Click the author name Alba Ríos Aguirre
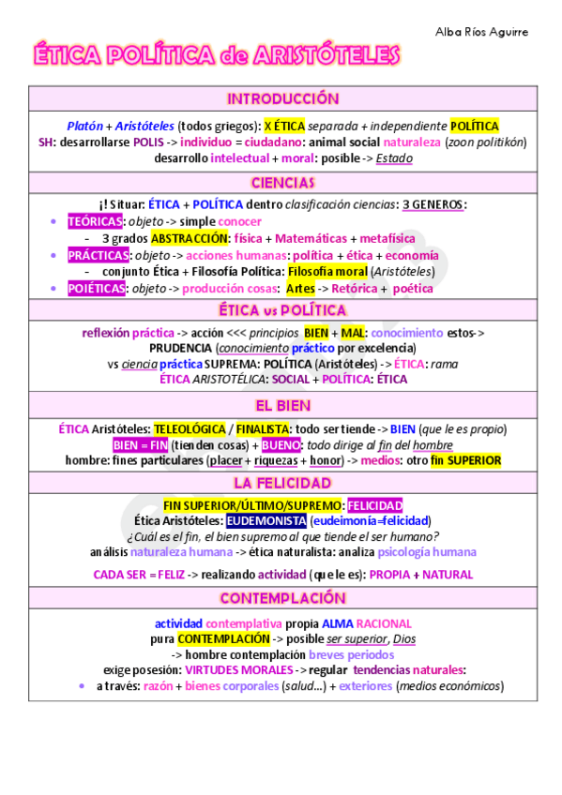coord(481,32)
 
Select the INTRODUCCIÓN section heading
coord(282,98)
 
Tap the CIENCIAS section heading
coord(282,182)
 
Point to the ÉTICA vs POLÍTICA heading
coord(282,310)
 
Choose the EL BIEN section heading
coord(282,405)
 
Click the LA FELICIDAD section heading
coord(282,483)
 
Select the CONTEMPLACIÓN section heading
coord(282,597)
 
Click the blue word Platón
coord(85,126)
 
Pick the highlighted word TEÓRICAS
coord(96,221)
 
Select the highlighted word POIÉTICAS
coord(96,289)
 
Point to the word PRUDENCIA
coord(181,348)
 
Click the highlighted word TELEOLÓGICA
coord(190,428)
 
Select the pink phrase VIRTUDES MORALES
coord(236,669)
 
